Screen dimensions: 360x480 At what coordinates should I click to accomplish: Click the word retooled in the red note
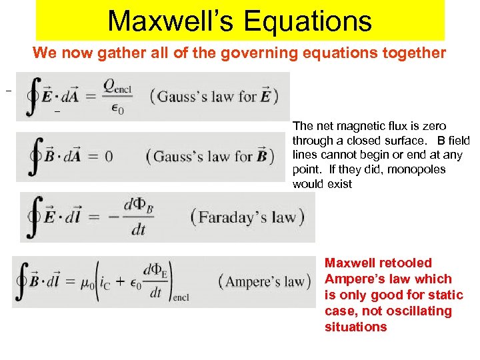[409, 263]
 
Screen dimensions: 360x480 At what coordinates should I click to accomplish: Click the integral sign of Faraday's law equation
[34, 216]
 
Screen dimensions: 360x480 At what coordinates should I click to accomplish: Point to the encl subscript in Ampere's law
[181, 297]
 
